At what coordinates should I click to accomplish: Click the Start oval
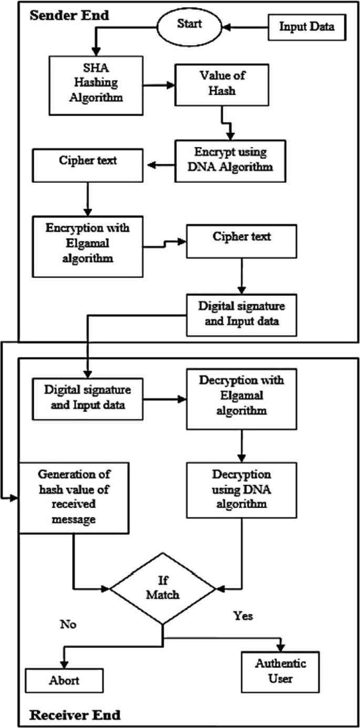point(188,25)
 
